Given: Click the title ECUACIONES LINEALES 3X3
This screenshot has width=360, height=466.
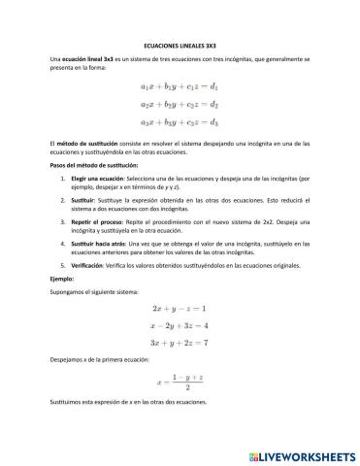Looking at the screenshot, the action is tap(180, 45).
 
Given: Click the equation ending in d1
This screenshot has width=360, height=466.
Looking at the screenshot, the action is tap(180, 87).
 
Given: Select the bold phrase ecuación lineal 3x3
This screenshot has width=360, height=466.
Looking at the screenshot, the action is tap(88, 60).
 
